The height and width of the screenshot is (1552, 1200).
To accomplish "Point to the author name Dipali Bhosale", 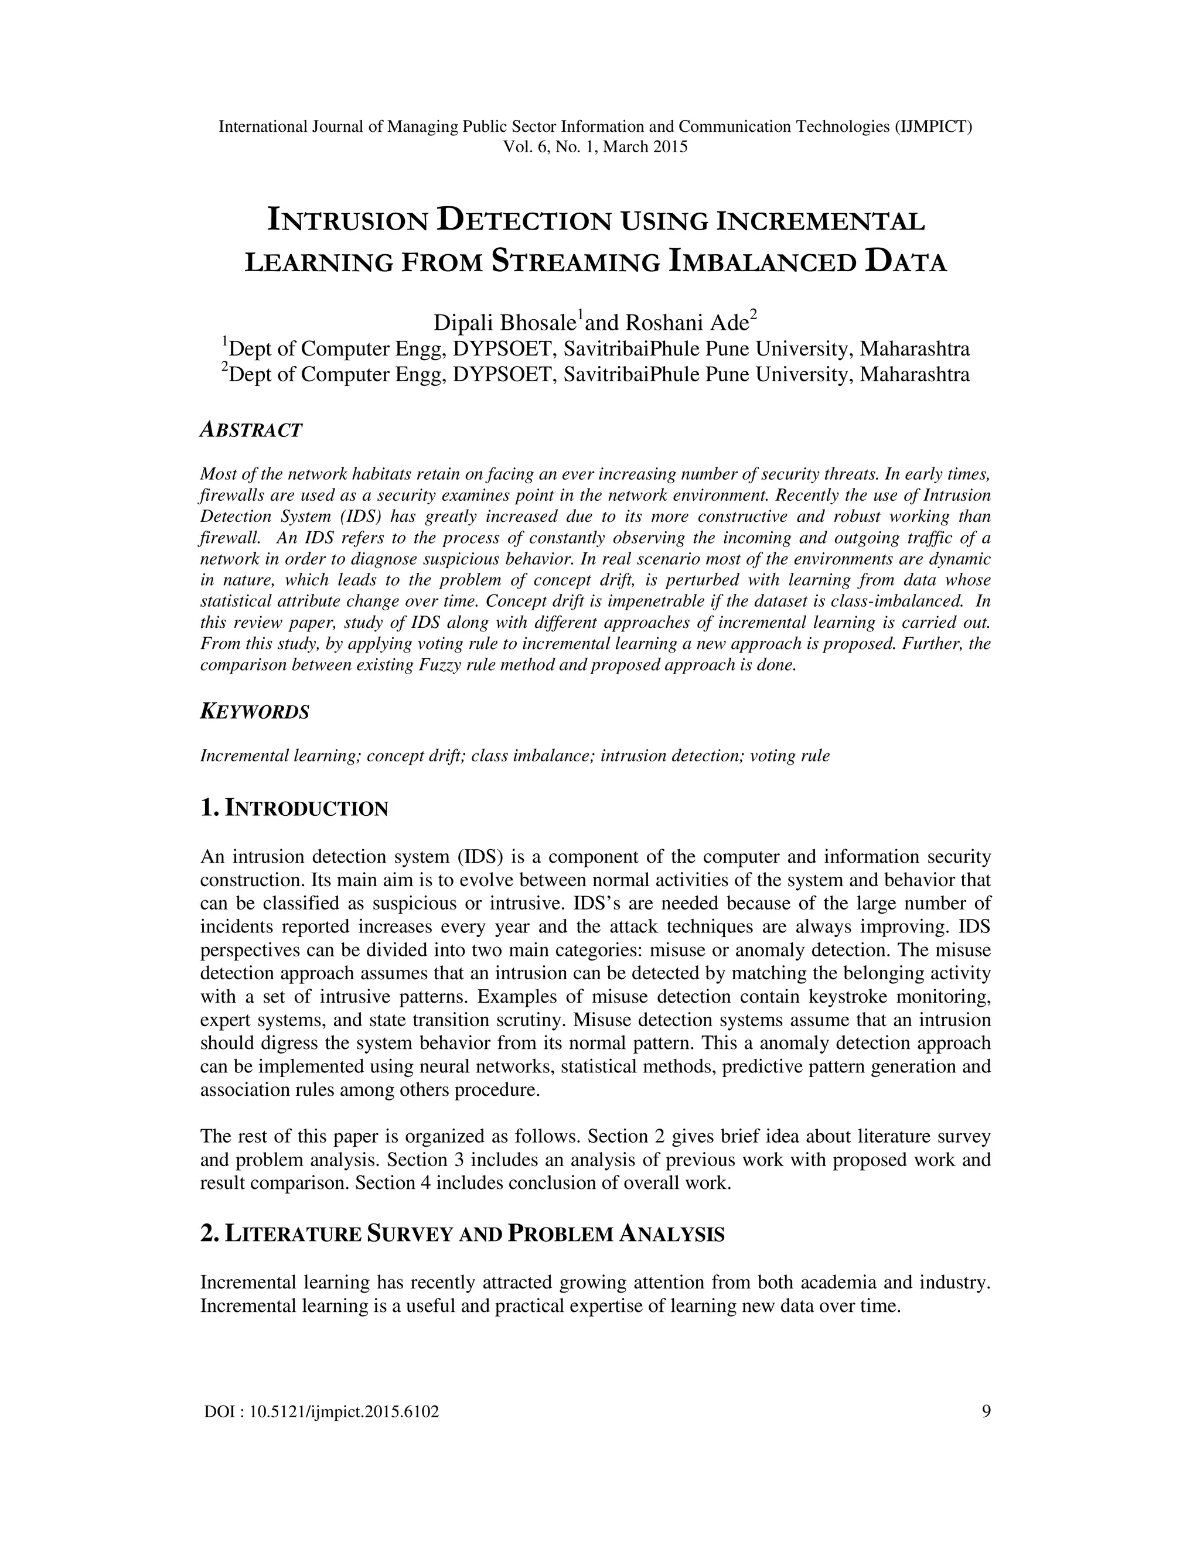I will click(504, 323).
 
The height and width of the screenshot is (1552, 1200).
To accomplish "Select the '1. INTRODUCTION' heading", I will click(294, 809).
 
